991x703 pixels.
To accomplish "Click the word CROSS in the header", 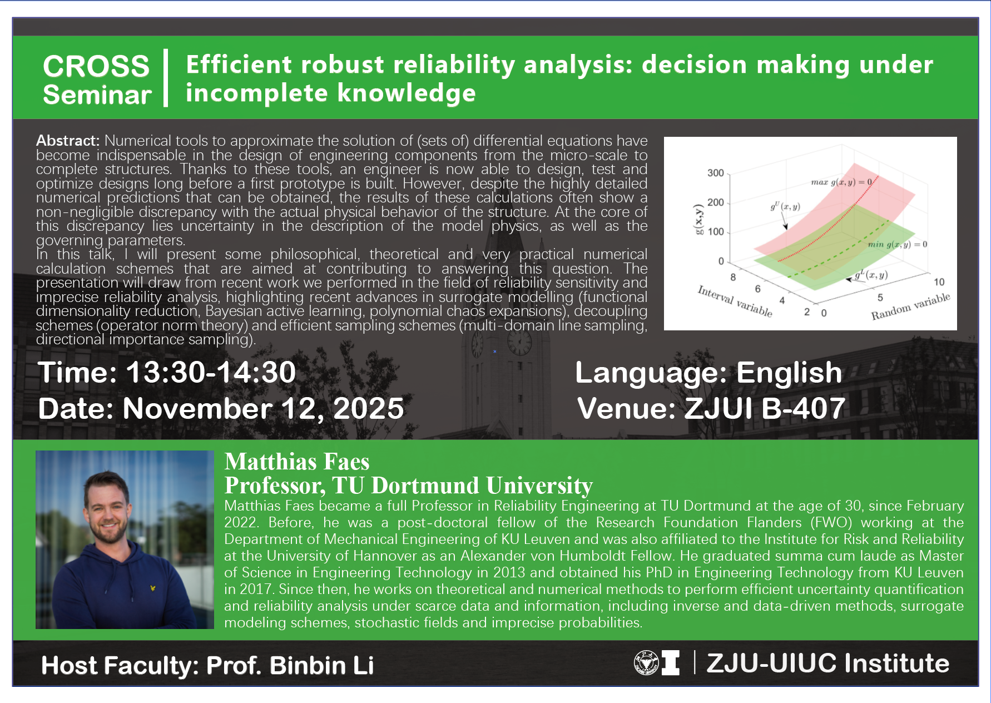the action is coord(96,66).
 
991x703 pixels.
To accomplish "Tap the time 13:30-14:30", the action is coord(211,372).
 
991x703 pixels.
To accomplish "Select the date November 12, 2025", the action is coord(263,408).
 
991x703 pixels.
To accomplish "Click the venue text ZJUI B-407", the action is coord(765,408).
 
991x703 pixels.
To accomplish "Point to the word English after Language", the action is coord(789,372).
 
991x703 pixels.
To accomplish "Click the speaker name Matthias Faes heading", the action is coord(297,462).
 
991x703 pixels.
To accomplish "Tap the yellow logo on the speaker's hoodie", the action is coord(153,588).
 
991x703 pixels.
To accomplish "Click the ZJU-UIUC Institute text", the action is coord(828,663).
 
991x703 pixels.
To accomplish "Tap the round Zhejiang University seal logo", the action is coord(646,662).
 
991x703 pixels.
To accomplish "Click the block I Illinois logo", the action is coord(670,662).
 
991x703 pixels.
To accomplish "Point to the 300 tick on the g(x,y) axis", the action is coord(715,173).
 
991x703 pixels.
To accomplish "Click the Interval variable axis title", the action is coord(735,301).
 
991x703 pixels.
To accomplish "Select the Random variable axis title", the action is coord(910,306).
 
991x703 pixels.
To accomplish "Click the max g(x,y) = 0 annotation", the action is coord(841,182).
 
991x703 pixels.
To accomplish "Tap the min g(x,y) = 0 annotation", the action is coord(898,244).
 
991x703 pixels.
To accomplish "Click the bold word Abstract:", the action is coord(68,141).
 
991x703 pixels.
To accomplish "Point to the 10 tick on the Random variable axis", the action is coord(939,282).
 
